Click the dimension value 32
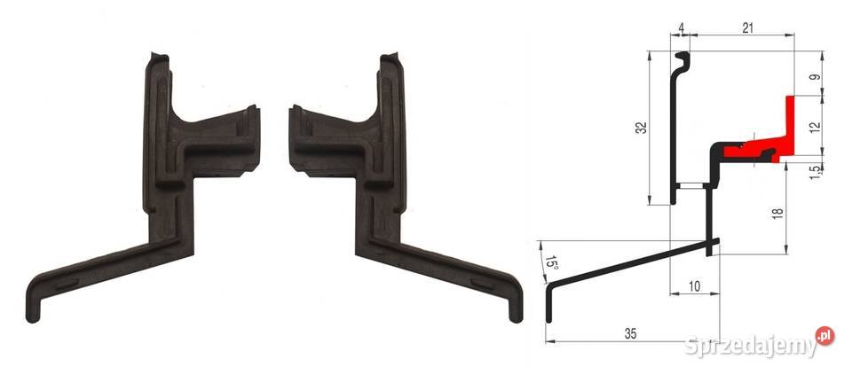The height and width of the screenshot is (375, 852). [643, 127]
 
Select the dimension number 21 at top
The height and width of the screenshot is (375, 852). [748, 28]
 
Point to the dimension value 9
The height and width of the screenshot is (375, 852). [815, 77]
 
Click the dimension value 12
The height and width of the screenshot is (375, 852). [815, 128]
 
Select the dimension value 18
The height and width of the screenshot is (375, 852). [778, 213]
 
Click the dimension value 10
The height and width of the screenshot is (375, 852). [694, 286]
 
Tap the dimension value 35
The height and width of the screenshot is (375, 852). [630, 333]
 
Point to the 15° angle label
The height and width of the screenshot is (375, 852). [551, 263]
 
